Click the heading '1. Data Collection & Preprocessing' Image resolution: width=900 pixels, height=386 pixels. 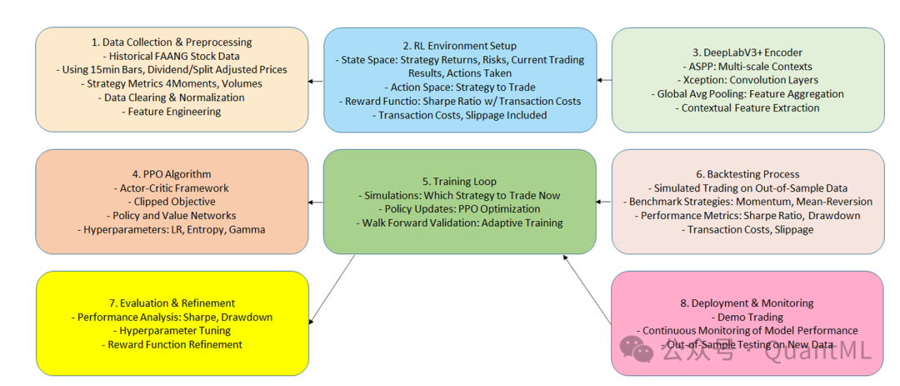point(172,42)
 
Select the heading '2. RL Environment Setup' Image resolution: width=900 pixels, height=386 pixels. point(459,46)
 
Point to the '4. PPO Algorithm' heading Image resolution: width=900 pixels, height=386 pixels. point(171,174)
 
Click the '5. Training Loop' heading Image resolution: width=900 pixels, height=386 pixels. point(459,181)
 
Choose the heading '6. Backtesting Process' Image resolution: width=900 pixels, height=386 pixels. point(747,174)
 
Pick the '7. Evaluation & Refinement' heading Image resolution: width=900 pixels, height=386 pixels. point(172,303)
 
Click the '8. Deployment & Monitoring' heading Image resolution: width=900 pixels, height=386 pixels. point(747,303)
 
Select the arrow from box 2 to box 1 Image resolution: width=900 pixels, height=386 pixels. point(316,81)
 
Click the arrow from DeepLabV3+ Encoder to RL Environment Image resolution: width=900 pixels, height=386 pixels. point(604,81)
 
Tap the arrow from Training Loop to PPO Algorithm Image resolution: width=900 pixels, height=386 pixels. point(316,202)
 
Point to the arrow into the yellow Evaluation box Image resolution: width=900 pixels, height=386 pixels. point(333,287)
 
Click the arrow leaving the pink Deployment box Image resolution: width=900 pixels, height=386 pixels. point(587,291)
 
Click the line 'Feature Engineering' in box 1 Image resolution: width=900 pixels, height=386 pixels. point(172,112)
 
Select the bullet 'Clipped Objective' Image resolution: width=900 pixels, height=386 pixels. point(172,202)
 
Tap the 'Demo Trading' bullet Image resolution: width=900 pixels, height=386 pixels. point(747,317)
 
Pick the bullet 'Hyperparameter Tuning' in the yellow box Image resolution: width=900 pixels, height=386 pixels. point(172,331)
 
